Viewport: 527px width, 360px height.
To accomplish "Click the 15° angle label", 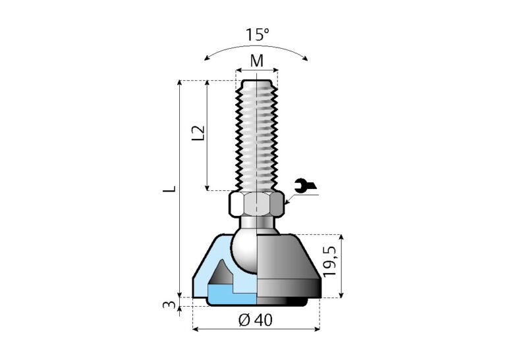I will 257,35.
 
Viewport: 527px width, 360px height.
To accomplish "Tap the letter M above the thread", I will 257,61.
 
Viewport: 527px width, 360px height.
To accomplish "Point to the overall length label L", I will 170,189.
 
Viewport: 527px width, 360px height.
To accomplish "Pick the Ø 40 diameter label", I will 256,320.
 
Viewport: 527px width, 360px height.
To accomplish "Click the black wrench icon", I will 301,186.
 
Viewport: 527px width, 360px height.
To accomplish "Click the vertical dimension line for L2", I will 208,135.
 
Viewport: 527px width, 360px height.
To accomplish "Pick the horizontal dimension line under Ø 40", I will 256,328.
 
